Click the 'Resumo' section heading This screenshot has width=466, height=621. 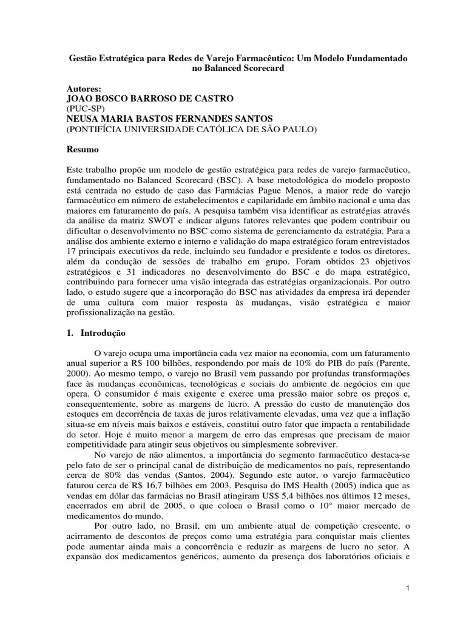[84, 149]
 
